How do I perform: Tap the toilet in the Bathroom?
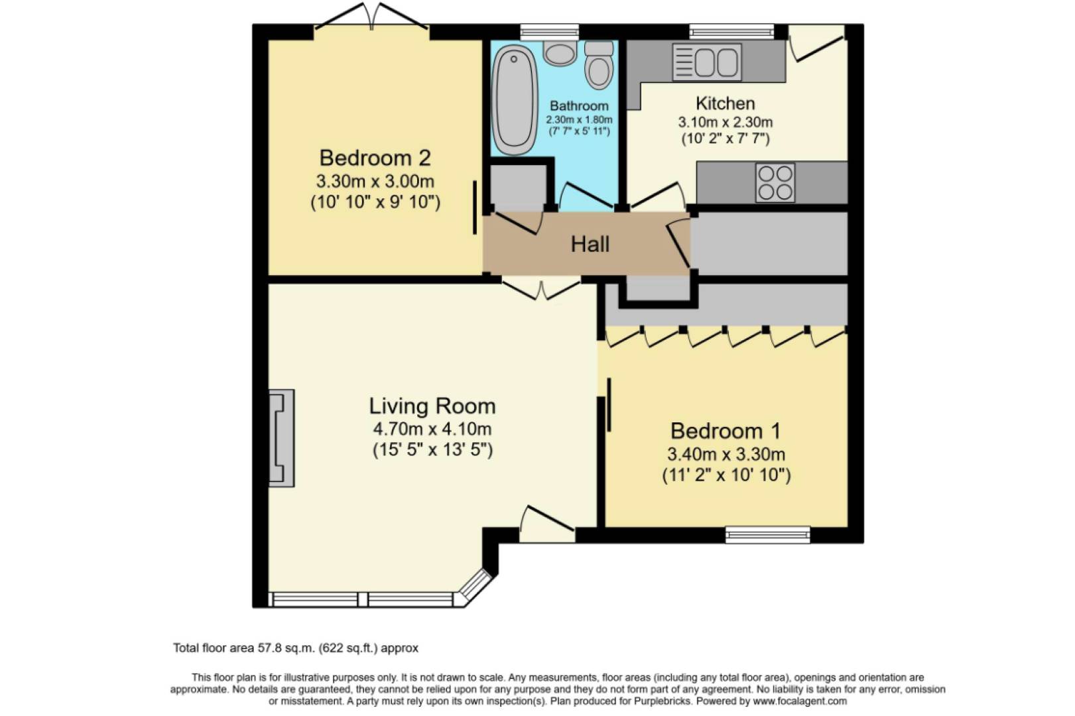pos(599,66)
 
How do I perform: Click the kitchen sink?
pos(707,62)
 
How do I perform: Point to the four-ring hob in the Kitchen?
pos(775,182)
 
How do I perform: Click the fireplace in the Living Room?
pos(281,438)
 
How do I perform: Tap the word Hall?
pos(590,245)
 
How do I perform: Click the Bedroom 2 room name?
pos(375,158)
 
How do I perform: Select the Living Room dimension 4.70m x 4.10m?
pos(432,429)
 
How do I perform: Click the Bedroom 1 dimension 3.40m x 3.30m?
pos(726,455)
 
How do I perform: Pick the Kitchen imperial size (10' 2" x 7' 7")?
pos(726,139)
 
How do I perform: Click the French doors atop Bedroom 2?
pos(371,19)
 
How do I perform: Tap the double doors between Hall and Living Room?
pos(541,289)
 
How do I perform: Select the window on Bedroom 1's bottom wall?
pos(767,534)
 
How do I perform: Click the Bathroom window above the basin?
pos(549,32)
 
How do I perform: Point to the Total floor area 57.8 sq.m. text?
pos(296,648)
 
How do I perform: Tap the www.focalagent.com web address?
pos(800,701)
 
